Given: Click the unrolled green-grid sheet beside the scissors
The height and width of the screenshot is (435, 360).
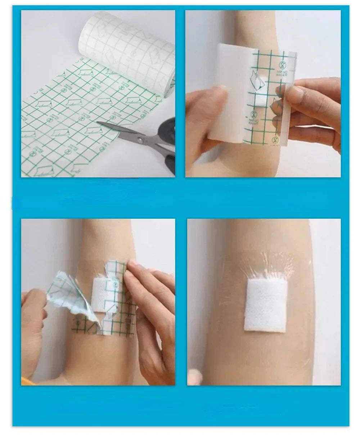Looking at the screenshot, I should [65, 119].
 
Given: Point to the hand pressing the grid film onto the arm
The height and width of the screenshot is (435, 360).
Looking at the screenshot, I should [151, 310].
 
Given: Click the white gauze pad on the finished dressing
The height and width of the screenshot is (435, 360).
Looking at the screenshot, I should [266, 306].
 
